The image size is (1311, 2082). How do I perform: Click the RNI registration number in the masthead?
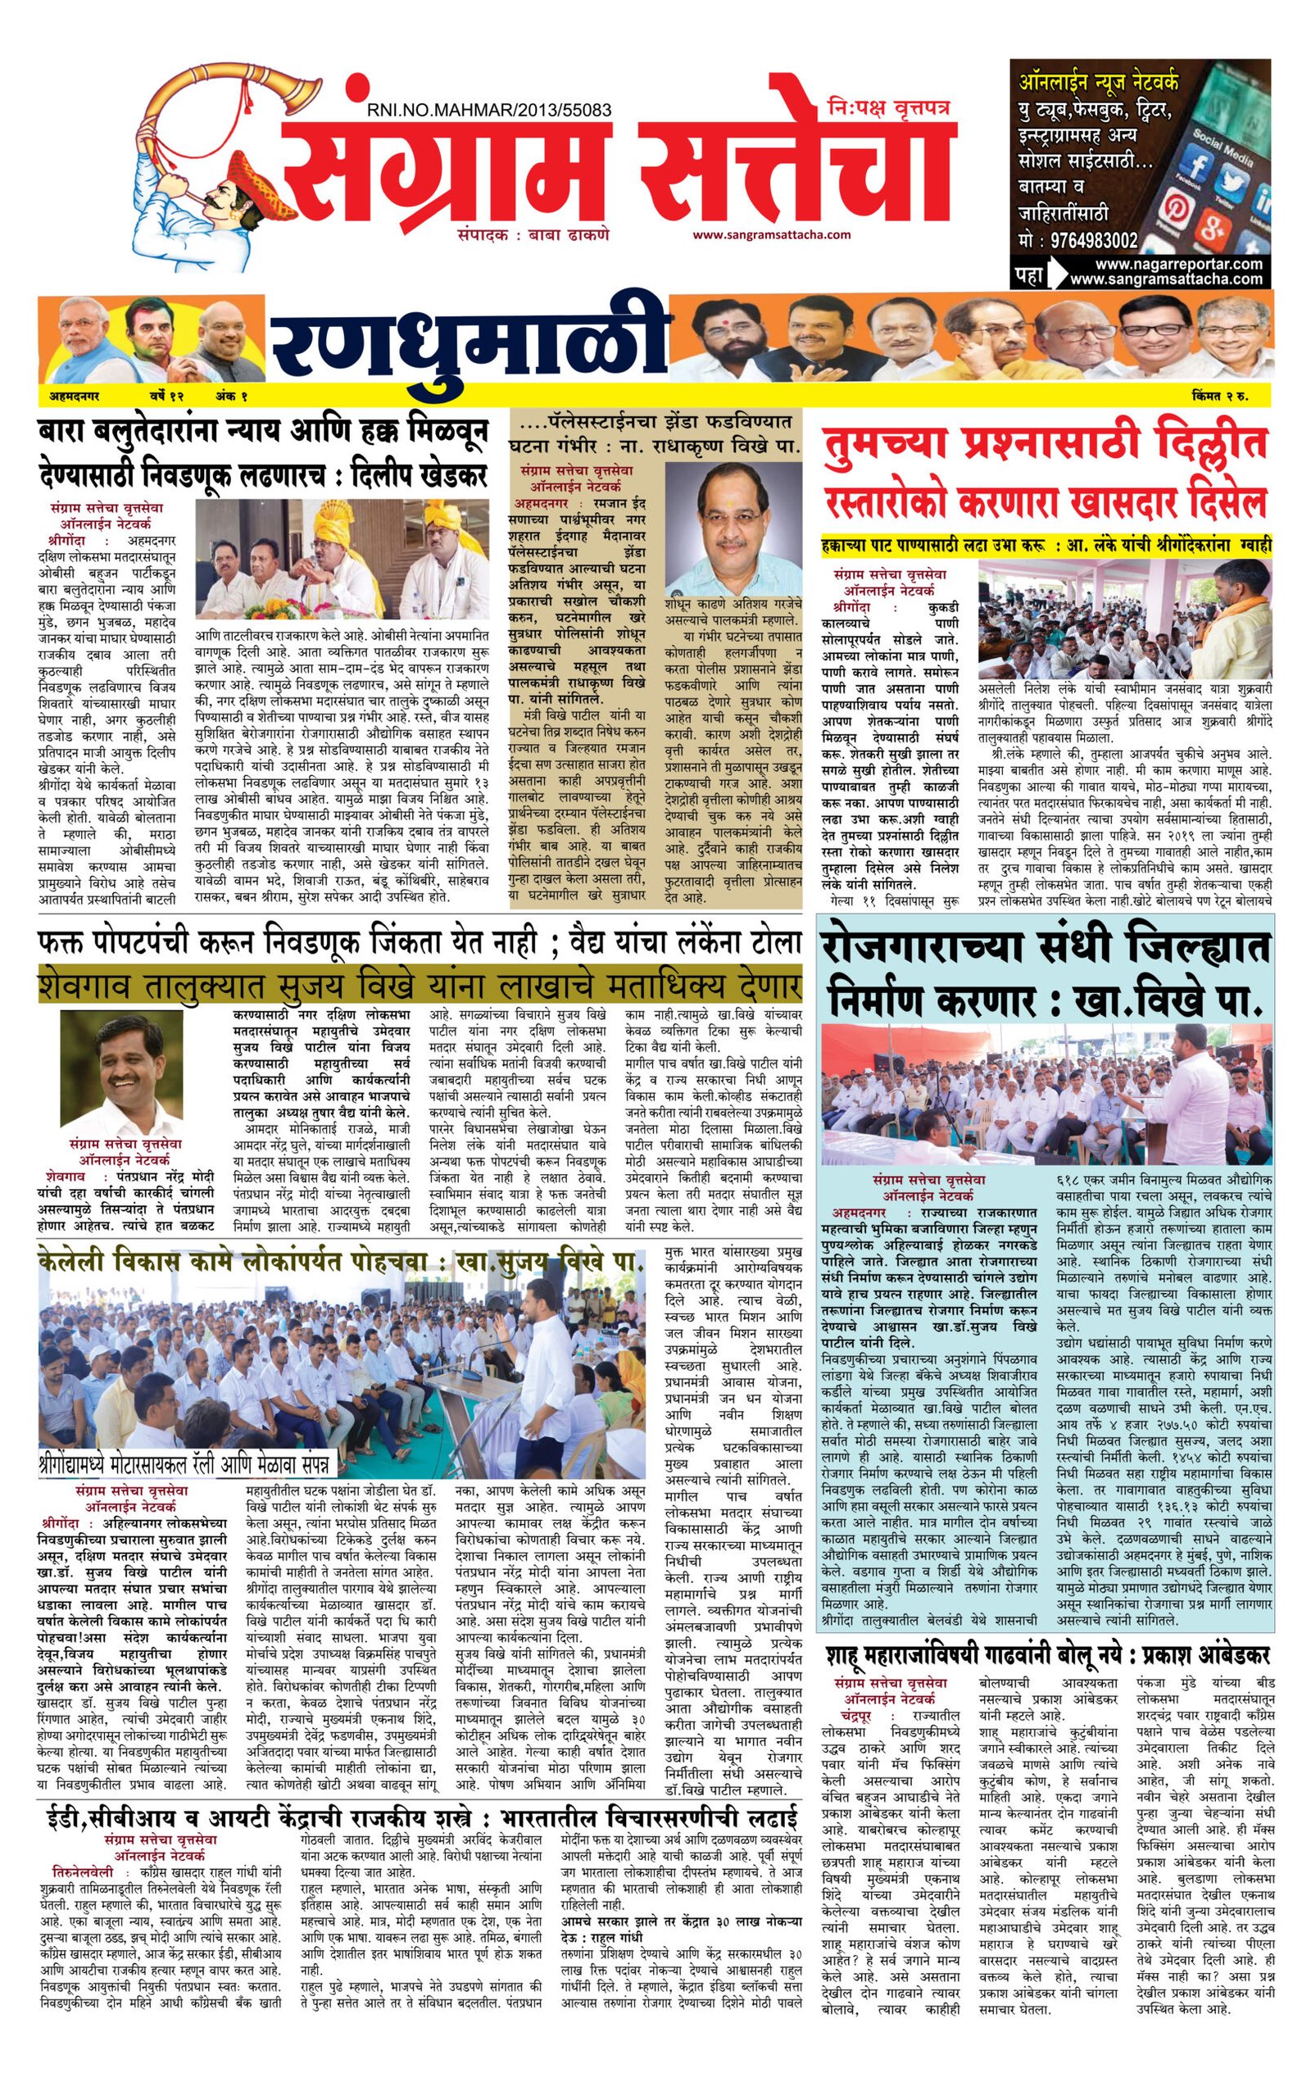pos(488,111)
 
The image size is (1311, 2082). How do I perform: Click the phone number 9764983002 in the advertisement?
pos(1095,241)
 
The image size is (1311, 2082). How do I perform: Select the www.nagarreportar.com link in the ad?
pos(1166,264)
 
